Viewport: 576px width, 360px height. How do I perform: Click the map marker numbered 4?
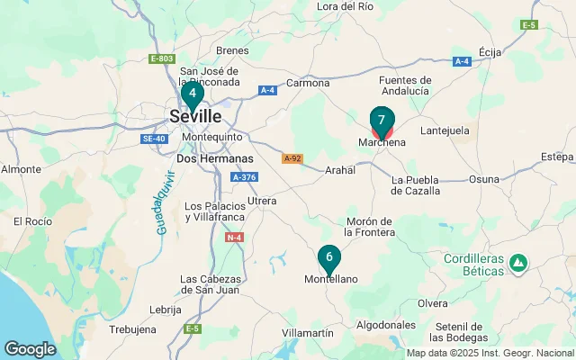(192, 93)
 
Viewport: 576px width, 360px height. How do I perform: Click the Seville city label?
(195, 115)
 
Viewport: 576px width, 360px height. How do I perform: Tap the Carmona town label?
(308, 84)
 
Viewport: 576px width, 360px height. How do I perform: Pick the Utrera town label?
(262, 200)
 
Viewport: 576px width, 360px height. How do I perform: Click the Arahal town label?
(340, 169)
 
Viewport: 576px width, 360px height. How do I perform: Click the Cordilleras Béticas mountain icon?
(517, 264)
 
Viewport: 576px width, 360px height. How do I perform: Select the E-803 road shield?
(161, 58)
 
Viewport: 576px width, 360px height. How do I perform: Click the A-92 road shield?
(292, 158)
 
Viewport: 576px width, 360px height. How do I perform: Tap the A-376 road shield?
(244, 177)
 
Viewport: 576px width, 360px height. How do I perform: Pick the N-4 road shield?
(234, 237)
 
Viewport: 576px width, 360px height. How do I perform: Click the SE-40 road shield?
(154, 139)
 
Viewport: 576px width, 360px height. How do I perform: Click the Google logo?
(30, 348)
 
